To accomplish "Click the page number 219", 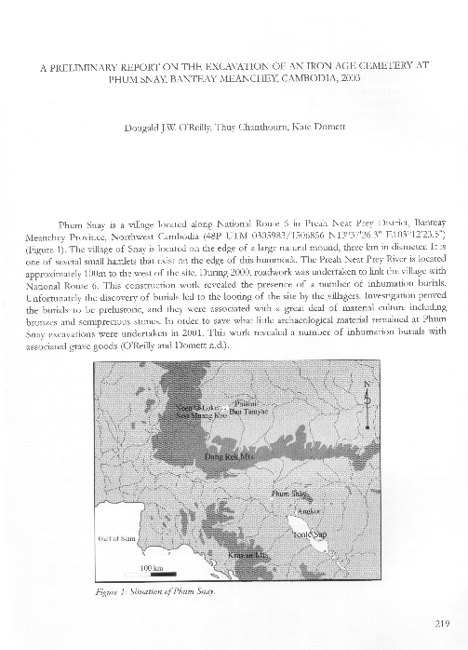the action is [x=442, y=624].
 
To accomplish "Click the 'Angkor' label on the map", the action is [x=307, y=511].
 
